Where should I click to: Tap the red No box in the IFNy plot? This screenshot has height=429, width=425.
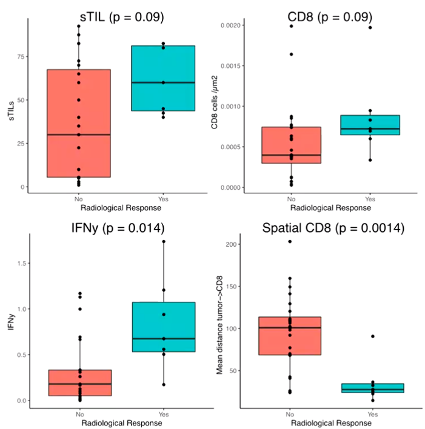click(79, 382)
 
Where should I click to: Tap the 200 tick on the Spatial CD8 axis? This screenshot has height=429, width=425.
click(230, 244)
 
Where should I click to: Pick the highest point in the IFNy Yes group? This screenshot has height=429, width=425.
click(163, 241)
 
